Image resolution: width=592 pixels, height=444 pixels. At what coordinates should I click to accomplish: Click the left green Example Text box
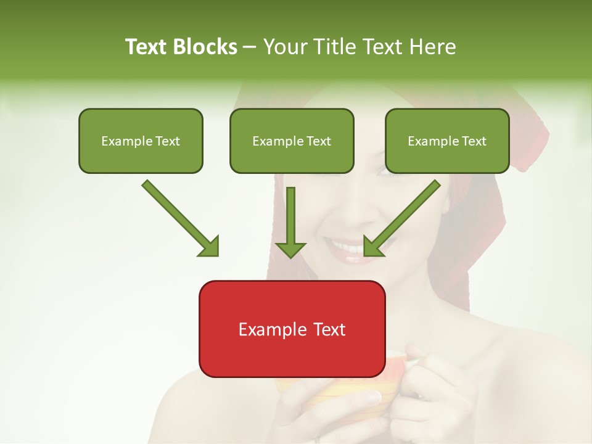pos(141,141)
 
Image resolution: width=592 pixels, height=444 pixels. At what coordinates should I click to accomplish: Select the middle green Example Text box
pos(292,141)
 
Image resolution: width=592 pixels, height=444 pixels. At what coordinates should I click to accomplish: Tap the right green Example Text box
pos(447,141)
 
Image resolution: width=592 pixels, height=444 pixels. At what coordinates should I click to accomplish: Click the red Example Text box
pos(292,329)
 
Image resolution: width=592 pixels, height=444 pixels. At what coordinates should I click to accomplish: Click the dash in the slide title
pos(250,47)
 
